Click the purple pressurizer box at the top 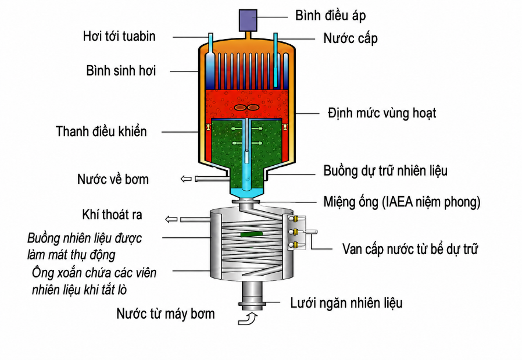click(x=248, y=20)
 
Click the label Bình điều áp click(x=330, y=16)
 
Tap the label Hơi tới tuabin click(x=119, y=36)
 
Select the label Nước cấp click(x=350, y=38)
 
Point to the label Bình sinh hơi click(x=121, y=70)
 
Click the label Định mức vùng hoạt click(x=382, y=113)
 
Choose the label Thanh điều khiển click(x=101, y=131)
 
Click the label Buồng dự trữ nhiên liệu click(x=385, y=170)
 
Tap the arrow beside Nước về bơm click(x=186, y=179)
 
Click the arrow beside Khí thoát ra click(x=171, y=219)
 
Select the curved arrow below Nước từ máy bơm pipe click(x=248, y=319)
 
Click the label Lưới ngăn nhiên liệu click(x=346, y=303)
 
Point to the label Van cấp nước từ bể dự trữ click(x=410, y=249)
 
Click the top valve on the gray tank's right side click(x=295, y=219)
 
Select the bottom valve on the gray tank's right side click(x=295, y=245)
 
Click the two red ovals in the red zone click(x=246, y=108)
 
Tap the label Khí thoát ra click(x=112, y=215)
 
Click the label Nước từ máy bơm click(x=166, y=313)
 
